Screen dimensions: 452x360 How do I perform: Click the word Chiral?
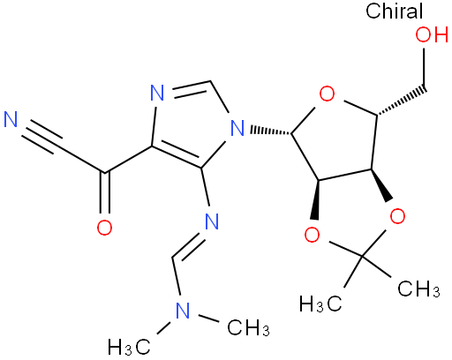(x=394, y=11)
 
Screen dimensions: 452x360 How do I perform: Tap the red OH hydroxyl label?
(x=432, y=34)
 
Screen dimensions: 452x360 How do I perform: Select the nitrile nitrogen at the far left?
(x=11, y=119)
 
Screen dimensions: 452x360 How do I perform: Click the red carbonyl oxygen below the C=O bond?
(x=104, y=227)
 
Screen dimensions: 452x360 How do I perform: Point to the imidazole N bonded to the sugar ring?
(x=237, y=128)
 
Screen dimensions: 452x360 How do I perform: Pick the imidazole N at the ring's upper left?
(x=157, y=93)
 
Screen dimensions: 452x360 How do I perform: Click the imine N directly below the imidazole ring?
(x=212, y=221)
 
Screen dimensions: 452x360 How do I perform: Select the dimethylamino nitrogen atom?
(x=183, y=311)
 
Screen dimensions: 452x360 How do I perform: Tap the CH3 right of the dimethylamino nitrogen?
(x=249, y=327)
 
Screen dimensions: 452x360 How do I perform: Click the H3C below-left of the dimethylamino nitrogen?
(x=130, y=347)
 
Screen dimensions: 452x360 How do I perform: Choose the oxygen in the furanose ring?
(x=327, y=94)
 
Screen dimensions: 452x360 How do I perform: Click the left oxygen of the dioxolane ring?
(x=312, y=235)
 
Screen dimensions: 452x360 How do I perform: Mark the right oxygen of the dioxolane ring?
(x=397, y=216)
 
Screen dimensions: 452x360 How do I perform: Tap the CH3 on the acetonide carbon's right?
(x=418, y=289)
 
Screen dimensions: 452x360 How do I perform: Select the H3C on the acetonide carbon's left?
(x=320, y=304)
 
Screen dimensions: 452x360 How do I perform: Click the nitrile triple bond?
(x=42, y=138)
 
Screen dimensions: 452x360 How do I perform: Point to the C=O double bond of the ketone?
(x=104, y=192)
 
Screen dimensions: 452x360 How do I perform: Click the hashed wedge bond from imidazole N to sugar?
(x=270, y=131)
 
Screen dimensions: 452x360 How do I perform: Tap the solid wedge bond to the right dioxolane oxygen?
(x=381, y=185)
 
